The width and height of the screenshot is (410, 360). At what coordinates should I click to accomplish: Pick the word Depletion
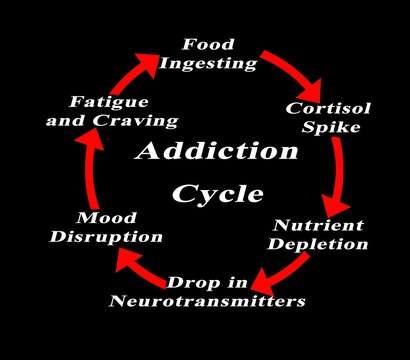pos(321,244)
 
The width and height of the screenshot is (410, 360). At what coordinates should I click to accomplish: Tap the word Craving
pos(142,121)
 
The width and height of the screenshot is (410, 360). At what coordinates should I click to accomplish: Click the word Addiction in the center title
pos(216,153)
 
